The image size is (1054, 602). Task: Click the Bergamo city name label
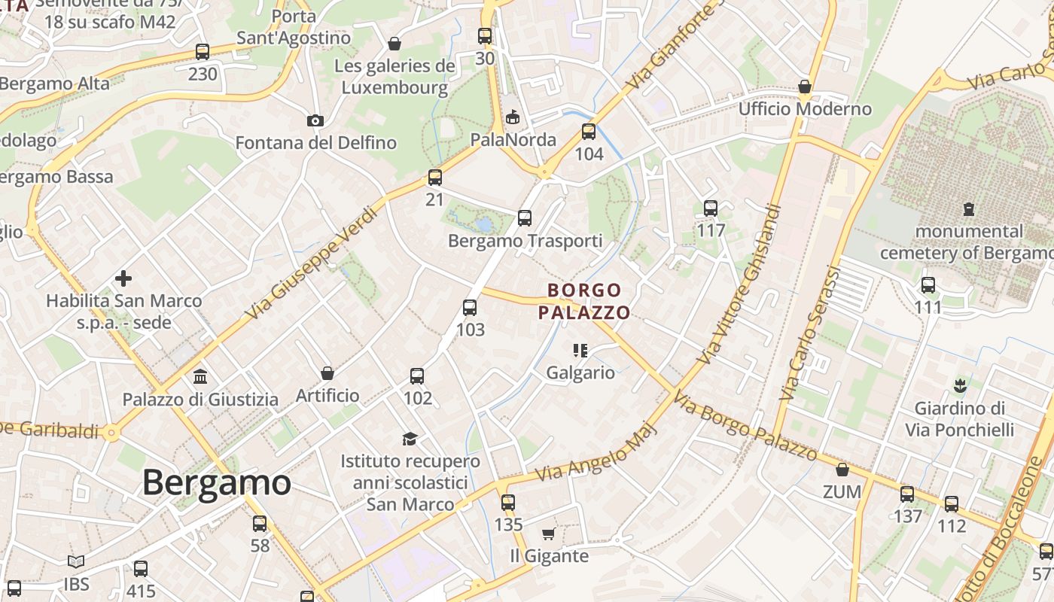[x=216, y=482]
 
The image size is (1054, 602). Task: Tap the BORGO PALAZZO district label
[x=584, y=301]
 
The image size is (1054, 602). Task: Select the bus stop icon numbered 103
[x=470, y=308]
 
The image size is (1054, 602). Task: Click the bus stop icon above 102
[x=417, y=376]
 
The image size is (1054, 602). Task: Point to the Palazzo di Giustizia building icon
[x=200, y=376]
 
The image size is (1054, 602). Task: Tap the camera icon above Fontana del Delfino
[x=315, y=120]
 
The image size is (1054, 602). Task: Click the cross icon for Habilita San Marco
[x=123, y=279]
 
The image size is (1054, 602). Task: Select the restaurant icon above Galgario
[x=580, y=350]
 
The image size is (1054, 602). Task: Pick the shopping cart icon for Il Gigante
[x=549, y=534]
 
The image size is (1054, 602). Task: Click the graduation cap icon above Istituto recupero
[x=410, y=439]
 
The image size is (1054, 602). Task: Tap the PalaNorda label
[x=513, y=140]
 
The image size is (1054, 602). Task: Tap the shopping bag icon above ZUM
[x=842, y=470]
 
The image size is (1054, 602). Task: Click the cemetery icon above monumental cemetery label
[x=969, y=208]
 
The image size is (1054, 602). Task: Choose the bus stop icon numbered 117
[x=711, y=208]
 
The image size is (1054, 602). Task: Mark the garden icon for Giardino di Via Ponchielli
[x=959, y=387]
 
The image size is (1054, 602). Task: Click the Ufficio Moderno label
[x=805, y=109]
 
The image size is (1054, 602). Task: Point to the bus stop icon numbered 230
[x=203, y=52]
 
